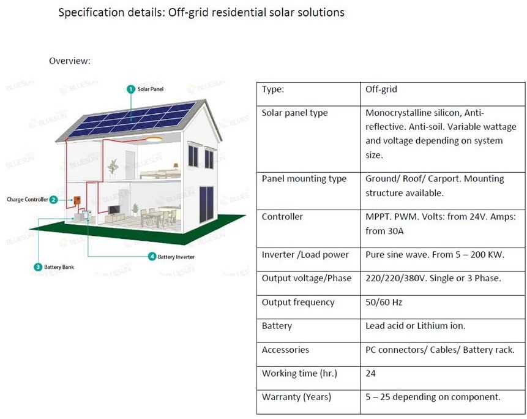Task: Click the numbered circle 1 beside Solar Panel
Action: coord(131,89)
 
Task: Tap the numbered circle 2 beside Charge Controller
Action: coord(53,200)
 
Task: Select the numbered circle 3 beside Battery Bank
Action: coord(38,267)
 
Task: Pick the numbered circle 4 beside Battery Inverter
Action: coord(152,257)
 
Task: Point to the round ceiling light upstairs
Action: coord(154,139)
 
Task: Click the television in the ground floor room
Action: coord(114,210)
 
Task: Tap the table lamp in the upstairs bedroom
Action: coord(176,167)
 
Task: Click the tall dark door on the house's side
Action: coord(206,205)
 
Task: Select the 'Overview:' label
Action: coord(70,61)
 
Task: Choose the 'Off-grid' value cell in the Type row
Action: coord(381,89)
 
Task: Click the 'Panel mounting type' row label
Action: coord(304,179)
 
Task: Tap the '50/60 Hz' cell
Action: coord(384,302)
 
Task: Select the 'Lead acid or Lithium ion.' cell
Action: coord(416,325)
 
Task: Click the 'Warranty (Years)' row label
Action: coord(296,397)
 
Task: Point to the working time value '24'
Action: coord(371,373)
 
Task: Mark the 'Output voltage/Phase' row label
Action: coord(307,279)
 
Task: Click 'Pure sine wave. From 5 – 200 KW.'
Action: coord(435,255)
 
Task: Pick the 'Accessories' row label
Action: coord(285,350)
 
